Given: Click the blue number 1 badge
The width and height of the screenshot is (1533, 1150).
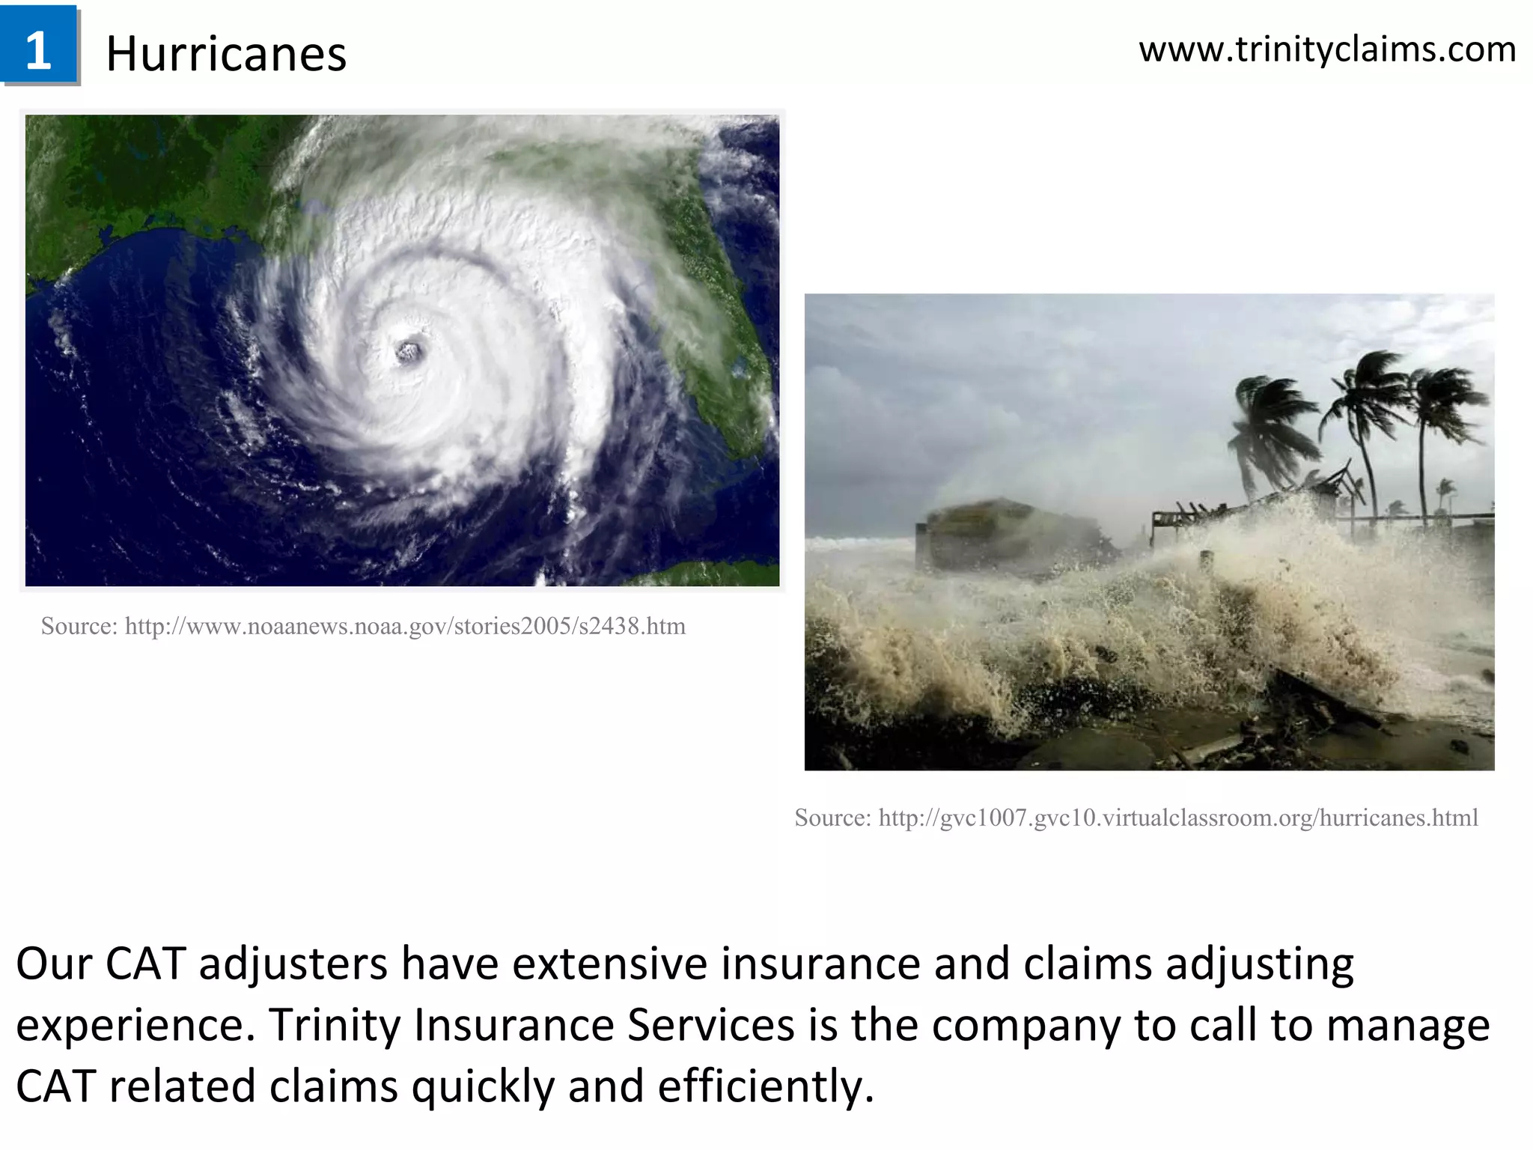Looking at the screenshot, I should coord(39,45).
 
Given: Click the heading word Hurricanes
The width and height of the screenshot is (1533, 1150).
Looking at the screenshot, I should coord(226,54).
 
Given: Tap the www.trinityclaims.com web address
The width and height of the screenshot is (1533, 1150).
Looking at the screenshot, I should coord(1327,49).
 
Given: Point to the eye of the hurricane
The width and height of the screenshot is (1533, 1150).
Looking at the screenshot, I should coord(409,350).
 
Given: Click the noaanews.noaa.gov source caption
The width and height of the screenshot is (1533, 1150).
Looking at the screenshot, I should coord(363,626).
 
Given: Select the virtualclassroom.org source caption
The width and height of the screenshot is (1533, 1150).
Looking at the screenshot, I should coord(1136,818).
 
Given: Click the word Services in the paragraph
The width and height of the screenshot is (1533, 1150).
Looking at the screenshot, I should coord(710,1024).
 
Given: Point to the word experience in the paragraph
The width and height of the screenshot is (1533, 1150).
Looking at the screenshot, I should coord(134,1024).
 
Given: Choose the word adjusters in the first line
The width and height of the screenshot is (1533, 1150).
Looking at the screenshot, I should coord(293,964).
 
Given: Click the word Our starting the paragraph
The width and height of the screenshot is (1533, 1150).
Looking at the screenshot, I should coord(53,964).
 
